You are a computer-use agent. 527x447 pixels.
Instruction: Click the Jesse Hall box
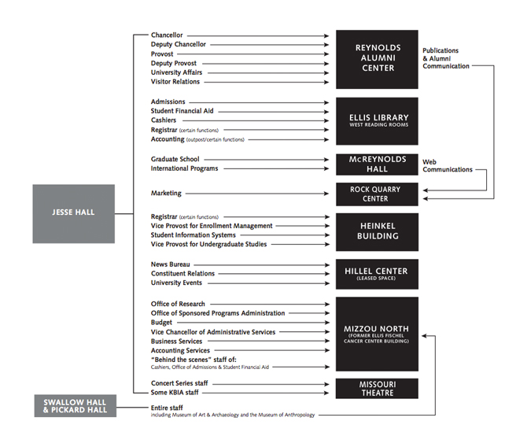coord(73,213)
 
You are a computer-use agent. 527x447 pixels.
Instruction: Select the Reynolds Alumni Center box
coord(377,59)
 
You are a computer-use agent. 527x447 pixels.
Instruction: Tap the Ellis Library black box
coord(377,120)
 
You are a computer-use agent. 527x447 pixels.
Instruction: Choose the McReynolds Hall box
coord(377,164)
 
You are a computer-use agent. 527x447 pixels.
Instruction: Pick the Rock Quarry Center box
coord(377,194)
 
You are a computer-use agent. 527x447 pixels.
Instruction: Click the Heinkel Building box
coord(377,231)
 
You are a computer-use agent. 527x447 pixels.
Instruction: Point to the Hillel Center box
coord(377,274)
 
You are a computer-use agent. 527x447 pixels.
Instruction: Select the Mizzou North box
coord(377,334)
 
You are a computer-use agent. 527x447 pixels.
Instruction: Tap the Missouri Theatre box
coord(377,388)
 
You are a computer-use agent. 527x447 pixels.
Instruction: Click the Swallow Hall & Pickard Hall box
coord(75,406)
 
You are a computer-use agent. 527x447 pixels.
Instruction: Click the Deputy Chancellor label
coord(179,45)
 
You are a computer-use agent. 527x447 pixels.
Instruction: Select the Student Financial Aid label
coord(182,111)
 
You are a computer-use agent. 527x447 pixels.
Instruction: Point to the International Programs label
coord(185,168)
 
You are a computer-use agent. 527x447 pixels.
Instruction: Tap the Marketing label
coord(166,193)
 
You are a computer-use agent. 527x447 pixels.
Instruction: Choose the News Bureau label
coord(171,264)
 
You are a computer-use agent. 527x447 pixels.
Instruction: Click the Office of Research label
coord(178,304)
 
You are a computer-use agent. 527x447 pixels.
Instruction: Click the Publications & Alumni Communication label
coord(446,58)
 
